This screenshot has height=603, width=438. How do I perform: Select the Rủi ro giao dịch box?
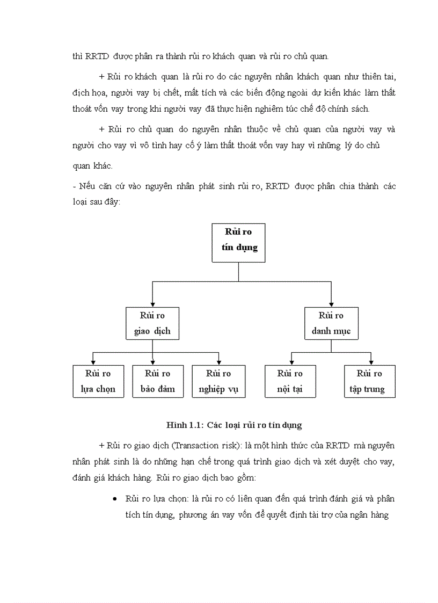pyautogui.click(x=152, y=323)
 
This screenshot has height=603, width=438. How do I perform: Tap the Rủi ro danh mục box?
pyautogui.click(x=331, y=323)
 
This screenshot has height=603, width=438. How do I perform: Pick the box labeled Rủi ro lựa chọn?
pyautogui.click(x=98, y=381)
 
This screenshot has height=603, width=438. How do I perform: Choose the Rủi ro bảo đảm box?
pyautogui.click(x=158, y=381)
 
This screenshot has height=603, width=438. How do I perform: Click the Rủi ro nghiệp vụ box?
pyautogui.click(x=218, y=381)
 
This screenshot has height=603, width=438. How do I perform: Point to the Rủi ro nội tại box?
pyautogui.click(x=290, y=381)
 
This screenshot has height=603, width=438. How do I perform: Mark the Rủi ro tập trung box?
pyautogui.click(x=369, y=381)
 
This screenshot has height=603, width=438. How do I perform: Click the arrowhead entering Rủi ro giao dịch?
pyautogui.click(x=152, y=304)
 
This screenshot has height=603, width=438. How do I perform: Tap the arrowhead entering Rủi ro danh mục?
pyautogui.click(x=331, y=304)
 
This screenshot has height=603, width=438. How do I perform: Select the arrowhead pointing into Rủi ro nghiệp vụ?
pyautogui.click(x=218, y=362)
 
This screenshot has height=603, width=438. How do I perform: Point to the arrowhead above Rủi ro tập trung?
pyautogui.click(x=370, y=362)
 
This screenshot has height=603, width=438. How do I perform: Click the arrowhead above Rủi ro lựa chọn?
pyautogui.click(x=94, y=362)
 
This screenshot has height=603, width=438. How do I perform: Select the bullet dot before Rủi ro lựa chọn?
pyautogui.click(x=115, y=499)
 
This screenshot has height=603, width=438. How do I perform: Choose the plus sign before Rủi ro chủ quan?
pyautogui.click(x=102, y=129)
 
